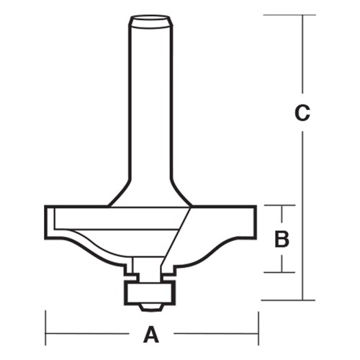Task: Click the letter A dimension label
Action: pos(151,334)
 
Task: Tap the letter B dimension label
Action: pos(283,238)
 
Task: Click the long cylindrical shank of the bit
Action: pos(150,108)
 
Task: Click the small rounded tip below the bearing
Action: pos(150,306)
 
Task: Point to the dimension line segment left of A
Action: pos(94,334)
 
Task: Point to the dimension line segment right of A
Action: pos(209,334)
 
